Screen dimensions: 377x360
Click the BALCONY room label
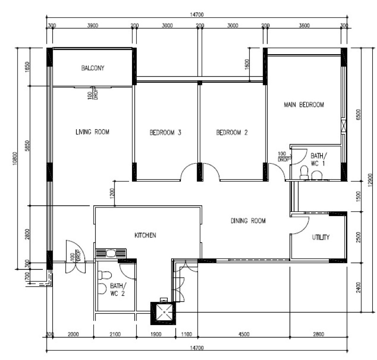92,68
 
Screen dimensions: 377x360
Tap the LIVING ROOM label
92,132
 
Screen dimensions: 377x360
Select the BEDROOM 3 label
165,133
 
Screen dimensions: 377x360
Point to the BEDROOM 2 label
232,133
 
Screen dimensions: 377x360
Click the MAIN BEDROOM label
304,105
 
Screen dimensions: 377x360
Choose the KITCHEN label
145,235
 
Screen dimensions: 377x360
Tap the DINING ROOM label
248,221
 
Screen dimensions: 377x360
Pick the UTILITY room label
321,237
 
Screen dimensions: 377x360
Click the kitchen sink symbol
111,253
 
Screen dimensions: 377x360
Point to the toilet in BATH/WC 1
304,172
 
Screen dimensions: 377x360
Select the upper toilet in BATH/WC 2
105,275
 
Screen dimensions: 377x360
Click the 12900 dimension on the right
370,180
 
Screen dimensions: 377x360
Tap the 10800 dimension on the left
15,158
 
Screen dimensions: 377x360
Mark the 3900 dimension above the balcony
92,25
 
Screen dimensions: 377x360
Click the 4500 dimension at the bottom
244,334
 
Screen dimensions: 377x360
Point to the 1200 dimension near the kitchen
112,193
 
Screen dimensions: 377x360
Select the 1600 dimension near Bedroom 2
247,64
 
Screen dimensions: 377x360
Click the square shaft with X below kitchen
164,312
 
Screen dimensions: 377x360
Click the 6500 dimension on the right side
358,114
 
